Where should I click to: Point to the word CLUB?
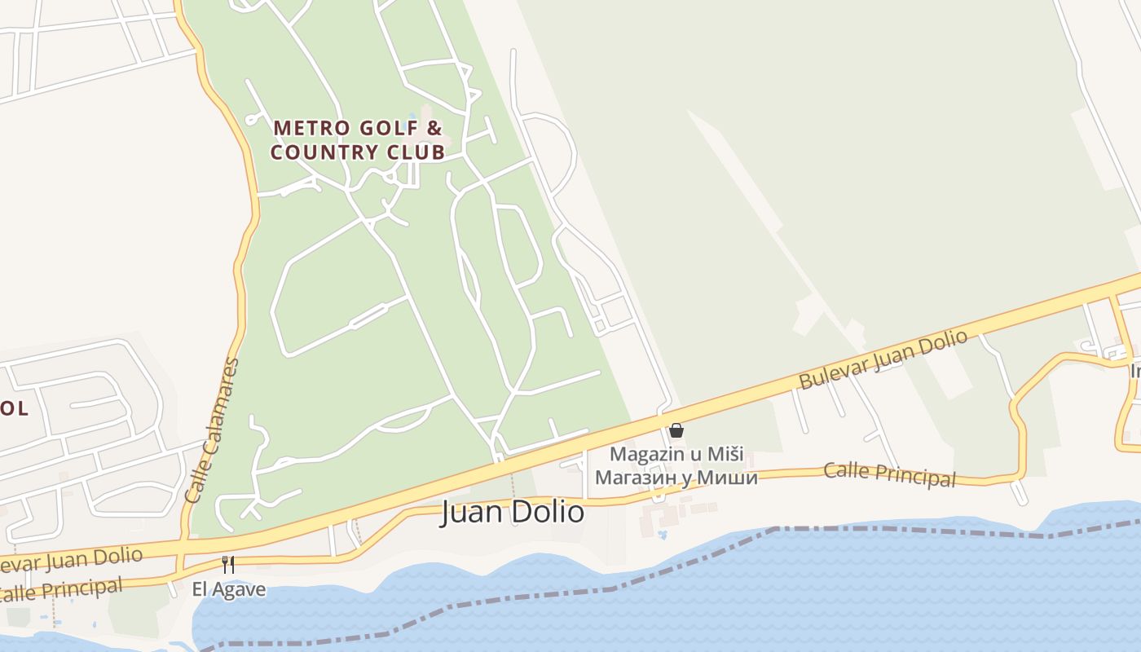click(415, 152)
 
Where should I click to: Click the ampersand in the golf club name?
click(434, 128)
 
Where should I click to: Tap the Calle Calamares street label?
click(212, 430)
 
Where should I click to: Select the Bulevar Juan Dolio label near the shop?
click(883, 359)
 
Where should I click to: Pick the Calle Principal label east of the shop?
click(889, 474)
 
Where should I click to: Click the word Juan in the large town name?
click(470, 512)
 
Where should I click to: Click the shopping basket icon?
click(676, 430)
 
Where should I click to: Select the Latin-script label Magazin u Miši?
click(676, 454)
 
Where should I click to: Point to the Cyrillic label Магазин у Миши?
click(676, 478)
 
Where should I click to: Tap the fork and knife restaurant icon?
click(228, 564)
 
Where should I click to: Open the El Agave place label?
click(229, 588)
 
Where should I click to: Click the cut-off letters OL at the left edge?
click(14, 408)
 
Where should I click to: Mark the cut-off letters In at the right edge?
click(1134, 372)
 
